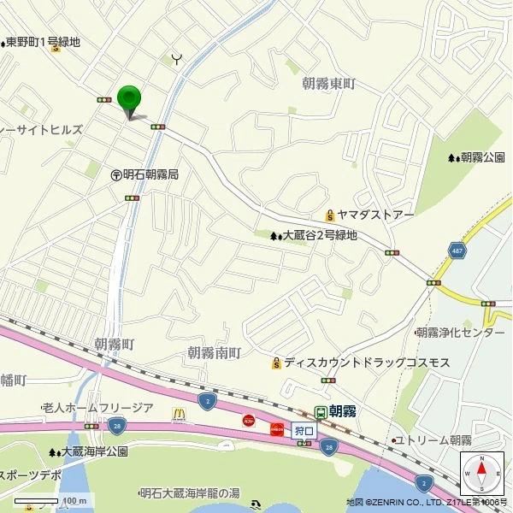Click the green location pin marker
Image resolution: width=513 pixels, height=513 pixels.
pos(129,98)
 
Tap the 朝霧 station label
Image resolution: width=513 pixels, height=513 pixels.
pos(343,411)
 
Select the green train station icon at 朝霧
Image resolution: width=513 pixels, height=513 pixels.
pos(321,412)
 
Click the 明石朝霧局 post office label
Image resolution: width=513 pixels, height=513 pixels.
pos(150,174)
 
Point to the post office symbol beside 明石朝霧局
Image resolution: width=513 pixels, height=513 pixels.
pos(115,174)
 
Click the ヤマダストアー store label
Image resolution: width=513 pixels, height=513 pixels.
pos(375,215)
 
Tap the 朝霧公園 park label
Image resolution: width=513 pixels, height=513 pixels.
pos(482,157)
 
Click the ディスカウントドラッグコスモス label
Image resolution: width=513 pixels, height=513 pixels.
pos(368,363)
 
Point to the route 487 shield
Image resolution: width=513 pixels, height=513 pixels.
pos(457,250)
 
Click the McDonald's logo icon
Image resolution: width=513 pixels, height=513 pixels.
pos(179,415)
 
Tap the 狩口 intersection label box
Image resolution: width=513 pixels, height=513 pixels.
pos(304,430)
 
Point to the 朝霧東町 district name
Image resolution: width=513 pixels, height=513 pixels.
pos(328,84)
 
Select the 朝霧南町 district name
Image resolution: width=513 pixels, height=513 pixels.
pos(215,352)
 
